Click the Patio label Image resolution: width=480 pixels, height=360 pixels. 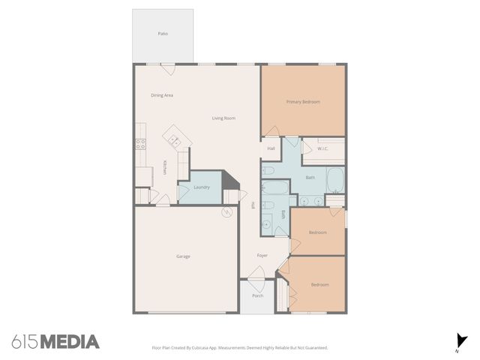click(163, 34)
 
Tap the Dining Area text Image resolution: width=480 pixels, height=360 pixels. click(162, 95)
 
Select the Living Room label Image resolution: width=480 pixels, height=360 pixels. click(223, 118)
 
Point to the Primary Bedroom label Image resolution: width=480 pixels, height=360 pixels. click(304, 101)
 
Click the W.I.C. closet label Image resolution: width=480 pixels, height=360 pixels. click(323, 148)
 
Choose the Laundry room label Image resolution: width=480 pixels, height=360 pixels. click(201, 187)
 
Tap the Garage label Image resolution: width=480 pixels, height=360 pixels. click(183, 256)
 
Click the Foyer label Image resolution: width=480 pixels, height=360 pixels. click(262, 256)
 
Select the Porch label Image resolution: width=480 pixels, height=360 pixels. click(257, 295)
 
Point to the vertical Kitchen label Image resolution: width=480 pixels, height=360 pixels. click(165, 168)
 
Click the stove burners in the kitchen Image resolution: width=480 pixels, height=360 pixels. click(140, 144)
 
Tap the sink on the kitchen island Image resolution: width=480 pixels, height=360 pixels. click(174, 139)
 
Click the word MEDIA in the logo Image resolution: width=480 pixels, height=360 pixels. click(70, 342)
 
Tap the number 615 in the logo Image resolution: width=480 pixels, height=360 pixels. click(25, 342)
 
